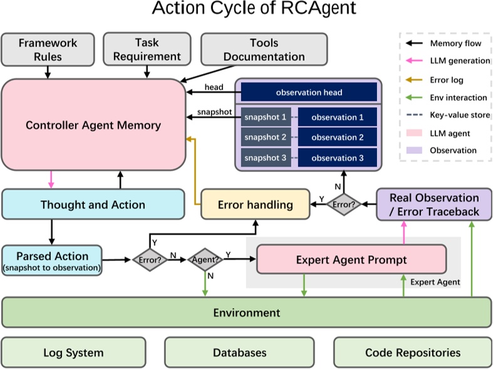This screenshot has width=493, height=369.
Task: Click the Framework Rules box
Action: click(x=48, y=49)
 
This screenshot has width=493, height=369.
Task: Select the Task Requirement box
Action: click(x=146, y=49)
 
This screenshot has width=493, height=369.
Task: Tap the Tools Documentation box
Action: click(x=264, y=49)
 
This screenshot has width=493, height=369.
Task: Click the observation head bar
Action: click(x=309, y=93)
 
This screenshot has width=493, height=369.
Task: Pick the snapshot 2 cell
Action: click(x=266, y=138)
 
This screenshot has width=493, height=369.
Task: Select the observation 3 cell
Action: click(x=337, y=158)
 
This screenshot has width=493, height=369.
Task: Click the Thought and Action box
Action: click(x=93, y=205)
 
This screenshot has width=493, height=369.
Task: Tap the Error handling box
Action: click(x=255, y=205)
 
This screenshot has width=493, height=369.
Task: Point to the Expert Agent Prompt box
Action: click(x=351, y=259)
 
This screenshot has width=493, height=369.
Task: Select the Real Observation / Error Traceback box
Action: click(x=433, y=205)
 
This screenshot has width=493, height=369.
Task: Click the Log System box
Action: click(x=73, y=353)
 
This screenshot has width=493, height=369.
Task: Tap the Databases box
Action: click(x=239, y=353)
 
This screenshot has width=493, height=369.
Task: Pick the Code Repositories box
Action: click(x=412, y=353)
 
